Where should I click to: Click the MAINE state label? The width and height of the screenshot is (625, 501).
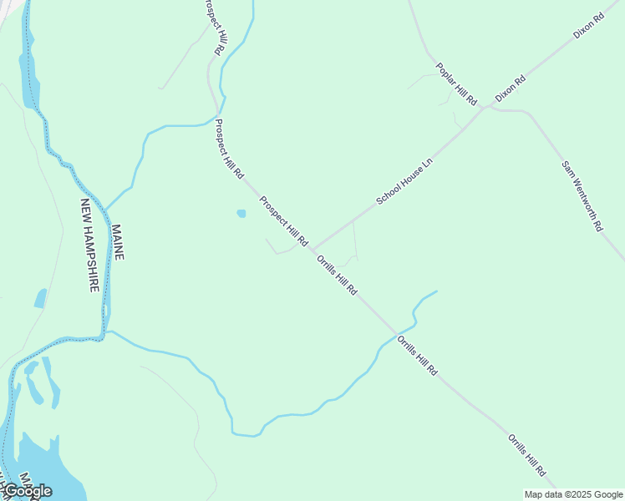[117, 241]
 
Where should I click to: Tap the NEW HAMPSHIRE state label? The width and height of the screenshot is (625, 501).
[90, 245]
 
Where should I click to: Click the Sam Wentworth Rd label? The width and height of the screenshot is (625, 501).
[582, 196]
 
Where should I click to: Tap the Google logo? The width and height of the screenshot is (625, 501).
[28, 491]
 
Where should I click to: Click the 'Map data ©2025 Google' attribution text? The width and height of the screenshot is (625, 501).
[573, 494]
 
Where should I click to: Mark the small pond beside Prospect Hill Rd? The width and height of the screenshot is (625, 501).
[241, 214]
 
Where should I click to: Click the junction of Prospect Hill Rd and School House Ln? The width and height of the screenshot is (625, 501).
[312, 249]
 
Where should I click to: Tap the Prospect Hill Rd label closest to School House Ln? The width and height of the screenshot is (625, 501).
[284, 221]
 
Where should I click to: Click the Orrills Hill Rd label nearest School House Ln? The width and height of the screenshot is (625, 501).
[338, 275]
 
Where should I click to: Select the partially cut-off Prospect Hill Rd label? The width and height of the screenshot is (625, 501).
[214, 27]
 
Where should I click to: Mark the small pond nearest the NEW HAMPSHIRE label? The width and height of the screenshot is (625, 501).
[40, 298]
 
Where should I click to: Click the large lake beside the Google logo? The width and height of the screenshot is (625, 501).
[42, 463]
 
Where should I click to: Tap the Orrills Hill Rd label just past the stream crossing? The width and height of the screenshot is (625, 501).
[417, 355]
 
